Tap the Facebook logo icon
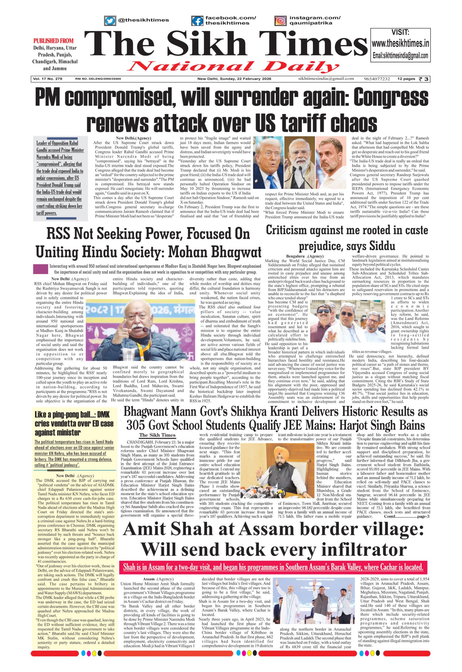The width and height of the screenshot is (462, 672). tap(197, 21)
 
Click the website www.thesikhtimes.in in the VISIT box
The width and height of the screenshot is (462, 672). tap(400, 44)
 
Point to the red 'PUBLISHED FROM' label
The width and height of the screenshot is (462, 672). tap(53, 41)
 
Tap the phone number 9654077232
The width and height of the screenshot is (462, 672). tap(377, 79)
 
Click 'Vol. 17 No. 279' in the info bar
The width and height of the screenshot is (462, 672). tap(47, 79)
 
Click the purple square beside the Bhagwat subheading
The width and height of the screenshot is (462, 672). tap(41, 269)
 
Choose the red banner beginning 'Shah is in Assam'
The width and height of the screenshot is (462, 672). tap(273, 567)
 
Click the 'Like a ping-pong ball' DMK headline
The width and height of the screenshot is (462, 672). tap(74, 423)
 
